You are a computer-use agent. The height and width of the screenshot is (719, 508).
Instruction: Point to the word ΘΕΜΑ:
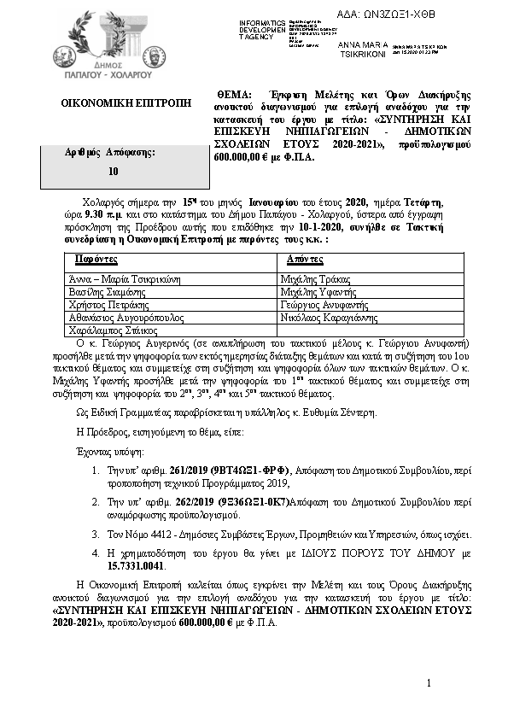[x=231, y=93]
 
